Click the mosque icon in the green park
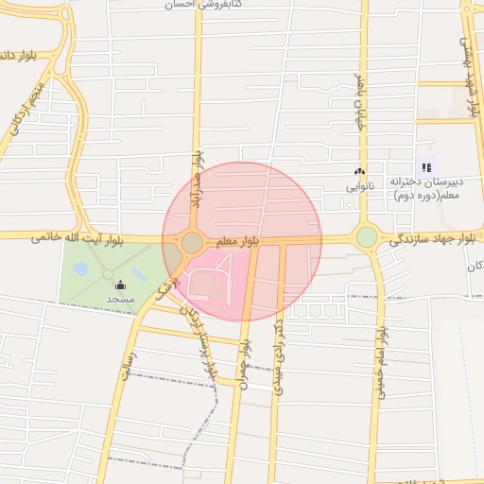tap(120, 285)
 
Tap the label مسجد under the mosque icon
tap(120, 299)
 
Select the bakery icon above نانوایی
tap(358, 172)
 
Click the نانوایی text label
tap(359, 186)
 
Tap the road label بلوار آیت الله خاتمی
tap(77, 238)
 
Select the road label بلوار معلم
tap(236, 243)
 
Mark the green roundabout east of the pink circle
tap(367, 237)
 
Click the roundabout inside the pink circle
tap(192, 243)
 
